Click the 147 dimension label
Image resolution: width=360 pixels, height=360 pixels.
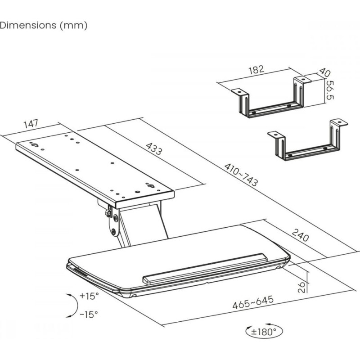(31, 124)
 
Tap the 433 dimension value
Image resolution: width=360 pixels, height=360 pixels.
(154, 149)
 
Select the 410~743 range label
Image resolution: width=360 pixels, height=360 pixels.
(241, 175)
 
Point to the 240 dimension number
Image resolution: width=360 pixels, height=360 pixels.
(300, 235)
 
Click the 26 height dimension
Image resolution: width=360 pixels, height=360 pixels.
(301, 287)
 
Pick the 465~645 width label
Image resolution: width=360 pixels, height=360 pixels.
(253, 302)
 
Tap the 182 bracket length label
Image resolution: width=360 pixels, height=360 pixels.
(256, 70)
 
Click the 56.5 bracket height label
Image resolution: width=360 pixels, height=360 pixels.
(330, 90)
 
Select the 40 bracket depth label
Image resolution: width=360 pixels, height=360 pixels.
(324, 73)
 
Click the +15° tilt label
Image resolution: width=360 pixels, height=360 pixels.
(89, 296)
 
